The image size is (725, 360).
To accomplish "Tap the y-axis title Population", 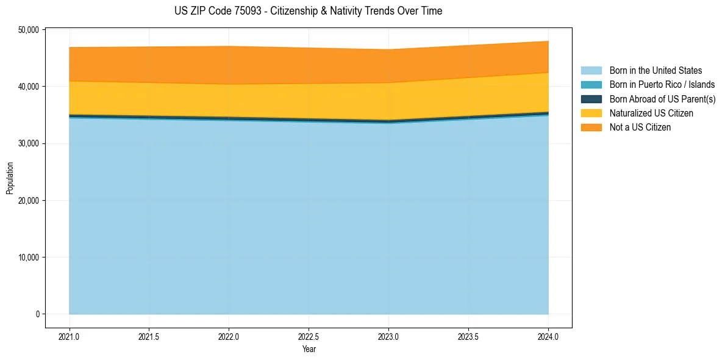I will click(10, 178).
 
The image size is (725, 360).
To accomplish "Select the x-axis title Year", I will click(309, 349).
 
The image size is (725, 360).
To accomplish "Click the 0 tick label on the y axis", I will click(37, 314).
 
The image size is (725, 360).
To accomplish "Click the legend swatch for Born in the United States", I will click(591, 71).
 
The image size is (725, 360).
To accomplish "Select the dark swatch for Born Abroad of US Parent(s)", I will click(591, 99).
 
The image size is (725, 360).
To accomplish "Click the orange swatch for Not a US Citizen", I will click(591, 128).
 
